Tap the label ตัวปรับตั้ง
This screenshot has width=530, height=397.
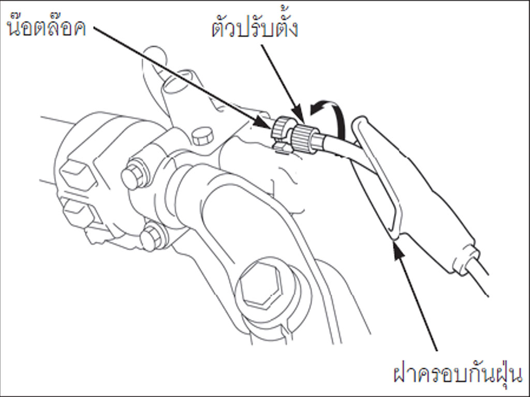point(255,27)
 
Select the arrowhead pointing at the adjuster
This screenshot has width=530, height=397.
point(298,115)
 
